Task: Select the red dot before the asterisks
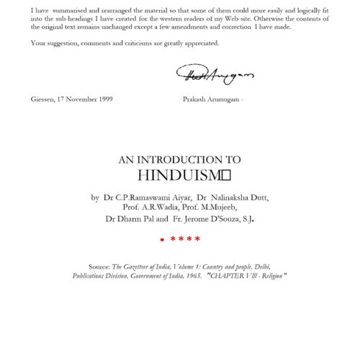(163, 239)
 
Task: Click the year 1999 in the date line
(102, 99)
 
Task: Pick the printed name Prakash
(196, 99)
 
